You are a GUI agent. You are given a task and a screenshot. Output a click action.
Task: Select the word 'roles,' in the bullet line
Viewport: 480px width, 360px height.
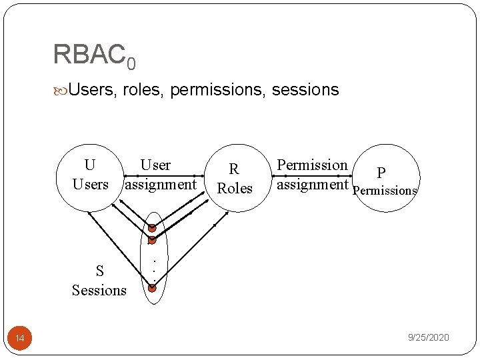(144, 89)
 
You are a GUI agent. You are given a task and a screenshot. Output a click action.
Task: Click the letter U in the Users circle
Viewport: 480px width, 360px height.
(90, 165)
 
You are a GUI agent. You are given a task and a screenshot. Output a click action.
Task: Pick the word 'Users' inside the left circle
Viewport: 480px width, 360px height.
(90, 184)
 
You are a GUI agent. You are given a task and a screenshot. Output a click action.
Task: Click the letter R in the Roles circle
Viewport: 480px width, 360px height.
(234, 169)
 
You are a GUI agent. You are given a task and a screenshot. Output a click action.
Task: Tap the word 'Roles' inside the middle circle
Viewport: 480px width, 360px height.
(235, 188)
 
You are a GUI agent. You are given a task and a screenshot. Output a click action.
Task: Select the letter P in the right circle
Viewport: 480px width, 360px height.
(381, 173)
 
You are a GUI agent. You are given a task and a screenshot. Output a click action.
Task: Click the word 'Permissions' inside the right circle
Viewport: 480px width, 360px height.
(385, 191)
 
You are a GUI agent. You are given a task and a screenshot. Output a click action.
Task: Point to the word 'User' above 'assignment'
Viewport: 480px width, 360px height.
(155, 165)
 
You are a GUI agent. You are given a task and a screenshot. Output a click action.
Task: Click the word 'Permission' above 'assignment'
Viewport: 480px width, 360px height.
(312, 165)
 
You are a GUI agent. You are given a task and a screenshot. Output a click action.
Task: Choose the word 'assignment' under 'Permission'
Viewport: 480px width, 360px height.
(312, 184)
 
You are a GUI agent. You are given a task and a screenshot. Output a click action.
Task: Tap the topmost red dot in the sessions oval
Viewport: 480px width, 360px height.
(152, 228)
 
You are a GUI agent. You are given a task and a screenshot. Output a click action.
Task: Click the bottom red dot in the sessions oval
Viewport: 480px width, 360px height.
(152, 288)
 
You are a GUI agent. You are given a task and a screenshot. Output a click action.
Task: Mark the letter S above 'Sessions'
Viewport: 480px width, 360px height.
(99, 271)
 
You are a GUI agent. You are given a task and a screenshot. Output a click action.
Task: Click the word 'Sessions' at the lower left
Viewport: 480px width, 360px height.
(99, 290)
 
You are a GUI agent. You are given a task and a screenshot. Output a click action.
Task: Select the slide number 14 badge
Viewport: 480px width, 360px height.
(20, 339)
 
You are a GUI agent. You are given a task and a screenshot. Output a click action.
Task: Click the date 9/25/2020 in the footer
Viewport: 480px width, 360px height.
(428, 338)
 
